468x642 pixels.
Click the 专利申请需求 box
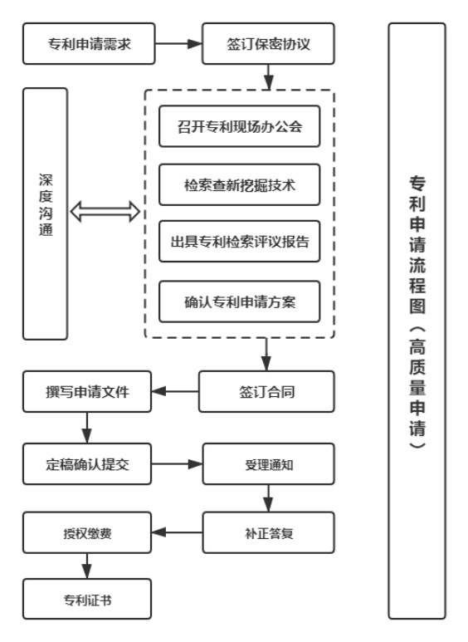(x=88, y=44)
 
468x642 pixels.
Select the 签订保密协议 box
(x=267, y=44)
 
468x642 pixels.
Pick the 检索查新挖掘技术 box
(x=239, y=186)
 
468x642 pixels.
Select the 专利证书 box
(x=88, y=599)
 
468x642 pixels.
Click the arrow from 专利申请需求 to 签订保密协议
(x=178, y=44)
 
